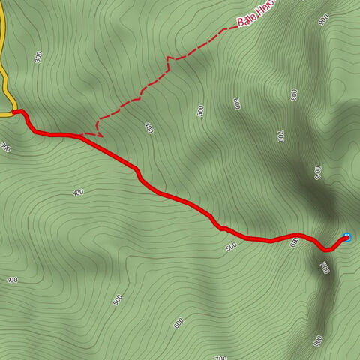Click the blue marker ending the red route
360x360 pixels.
tap(346, 238)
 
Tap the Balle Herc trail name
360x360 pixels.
tap(256, 14)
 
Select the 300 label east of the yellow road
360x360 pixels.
tap(37, 56)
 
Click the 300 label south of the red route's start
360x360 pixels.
tap(7, 147)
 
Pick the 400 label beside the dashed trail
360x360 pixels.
tap(148, 129)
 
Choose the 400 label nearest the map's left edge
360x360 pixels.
tap(12, 280)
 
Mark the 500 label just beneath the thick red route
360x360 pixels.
tap(230, 247)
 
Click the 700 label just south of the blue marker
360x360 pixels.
tap(324, 267)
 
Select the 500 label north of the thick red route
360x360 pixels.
tap(200, 111)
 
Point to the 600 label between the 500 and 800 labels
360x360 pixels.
tap(236, 103)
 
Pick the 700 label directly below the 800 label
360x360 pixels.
tap(280, 136)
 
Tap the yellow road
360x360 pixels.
tap(4, 82)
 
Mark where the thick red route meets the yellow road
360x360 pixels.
tap(14, 112)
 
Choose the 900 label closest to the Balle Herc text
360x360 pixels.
tap(324, 20)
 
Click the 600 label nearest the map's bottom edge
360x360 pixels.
tap(178, 323)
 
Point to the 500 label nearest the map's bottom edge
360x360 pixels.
tap(117, 300)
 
